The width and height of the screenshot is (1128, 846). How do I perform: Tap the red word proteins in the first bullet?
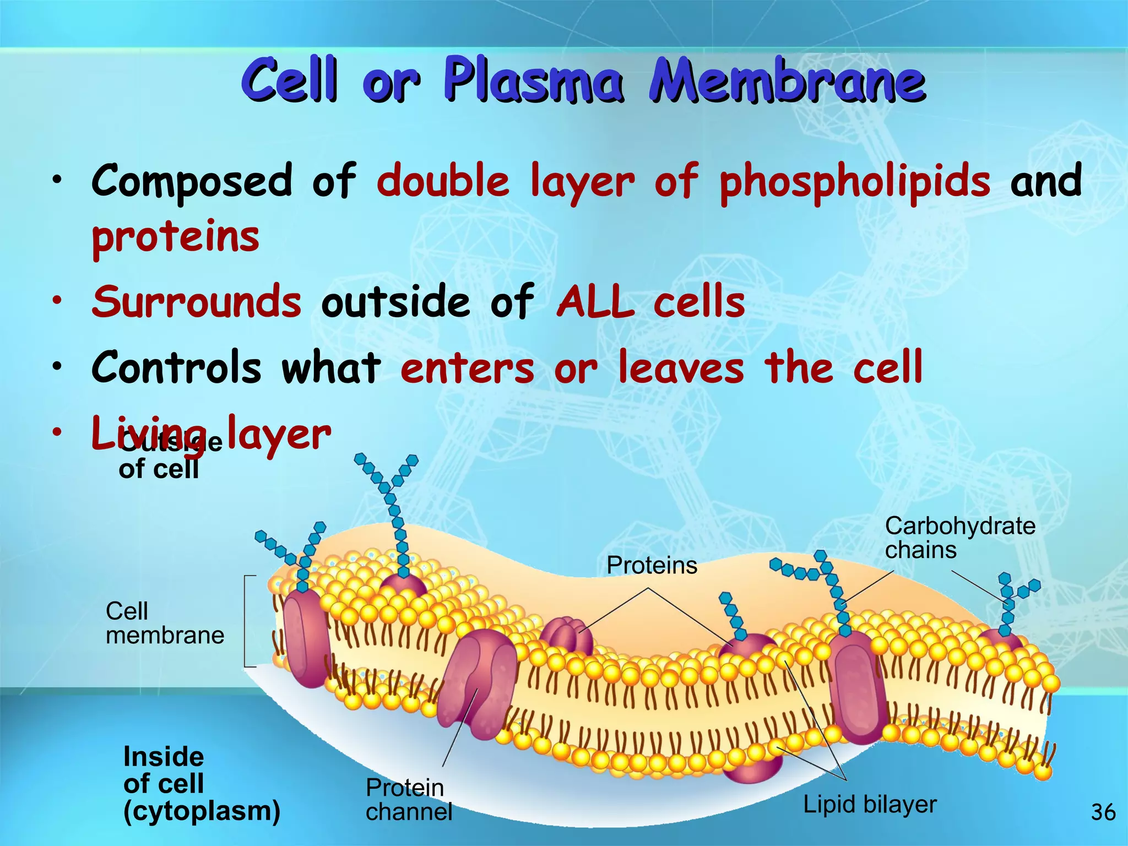pyautogui.click(x=175, y=238)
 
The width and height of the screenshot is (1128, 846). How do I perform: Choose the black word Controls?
pyautogui.click(x=176, y=367)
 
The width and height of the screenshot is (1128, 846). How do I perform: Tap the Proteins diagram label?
pyautogui.click(x=652, y=565)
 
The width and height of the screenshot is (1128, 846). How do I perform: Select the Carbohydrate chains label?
pyautogui.click(x=959, y=538)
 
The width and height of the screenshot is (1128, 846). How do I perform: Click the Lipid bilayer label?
pyautogui.click(x=870, y=804)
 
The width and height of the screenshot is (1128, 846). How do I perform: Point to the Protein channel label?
pyautogui.click(x=408, y=800)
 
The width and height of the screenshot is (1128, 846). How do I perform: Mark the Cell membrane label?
pyautogui.click(x=165, y=623)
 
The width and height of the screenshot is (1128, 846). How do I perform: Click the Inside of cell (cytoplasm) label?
pyautogui.click(x=202, y=784)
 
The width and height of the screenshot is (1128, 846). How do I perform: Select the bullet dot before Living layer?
pyautogui.click(x=57, y=432)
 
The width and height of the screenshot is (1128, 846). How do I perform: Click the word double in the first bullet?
pyautogui.click(x=443, y=182)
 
